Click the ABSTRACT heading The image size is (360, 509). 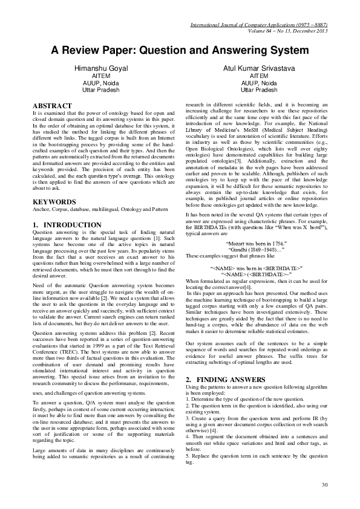coord(52,106)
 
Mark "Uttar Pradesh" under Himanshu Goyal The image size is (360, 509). coord(101,89)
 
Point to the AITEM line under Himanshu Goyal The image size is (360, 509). coord(101,77)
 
